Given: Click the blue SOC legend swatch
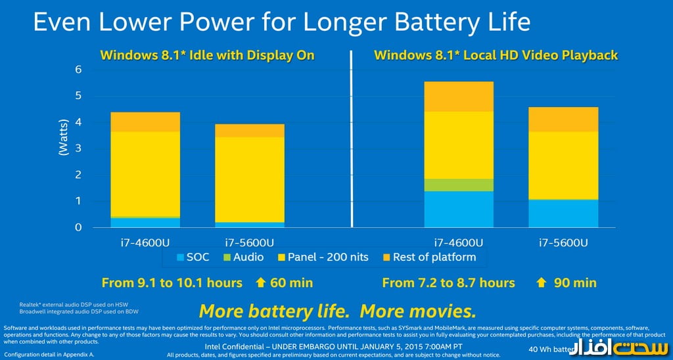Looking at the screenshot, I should (x=181, y=258).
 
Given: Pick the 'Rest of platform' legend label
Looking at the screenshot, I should (x=434, y=257).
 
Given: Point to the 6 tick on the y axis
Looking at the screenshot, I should (x=78, y=70).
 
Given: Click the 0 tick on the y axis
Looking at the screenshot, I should (x=78, y=227).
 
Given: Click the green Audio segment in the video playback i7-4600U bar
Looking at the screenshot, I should (x=458, y=185).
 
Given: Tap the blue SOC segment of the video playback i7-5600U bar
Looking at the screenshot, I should (x=563, y=213).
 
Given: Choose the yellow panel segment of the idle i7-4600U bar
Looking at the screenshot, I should (x=145, y=174).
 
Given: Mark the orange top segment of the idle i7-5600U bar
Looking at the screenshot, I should (x=249, y=130).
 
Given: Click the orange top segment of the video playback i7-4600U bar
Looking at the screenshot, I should (x=458, y=96).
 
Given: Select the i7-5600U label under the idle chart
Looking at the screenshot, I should (x=249, y=242).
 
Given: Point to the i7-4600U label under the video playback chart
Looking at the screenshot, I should (x=458, y=242).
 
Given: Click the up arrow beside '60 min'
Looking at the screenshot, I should (x=261, y=283).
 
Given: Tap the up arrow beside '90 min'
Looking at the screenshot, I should (x=542, y=283).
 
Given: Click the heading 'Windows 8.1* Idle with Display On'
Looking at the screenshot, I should (x=207, y=55).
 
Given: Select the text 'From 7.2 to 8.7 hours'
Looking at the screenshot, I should (x=448, y=283).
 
